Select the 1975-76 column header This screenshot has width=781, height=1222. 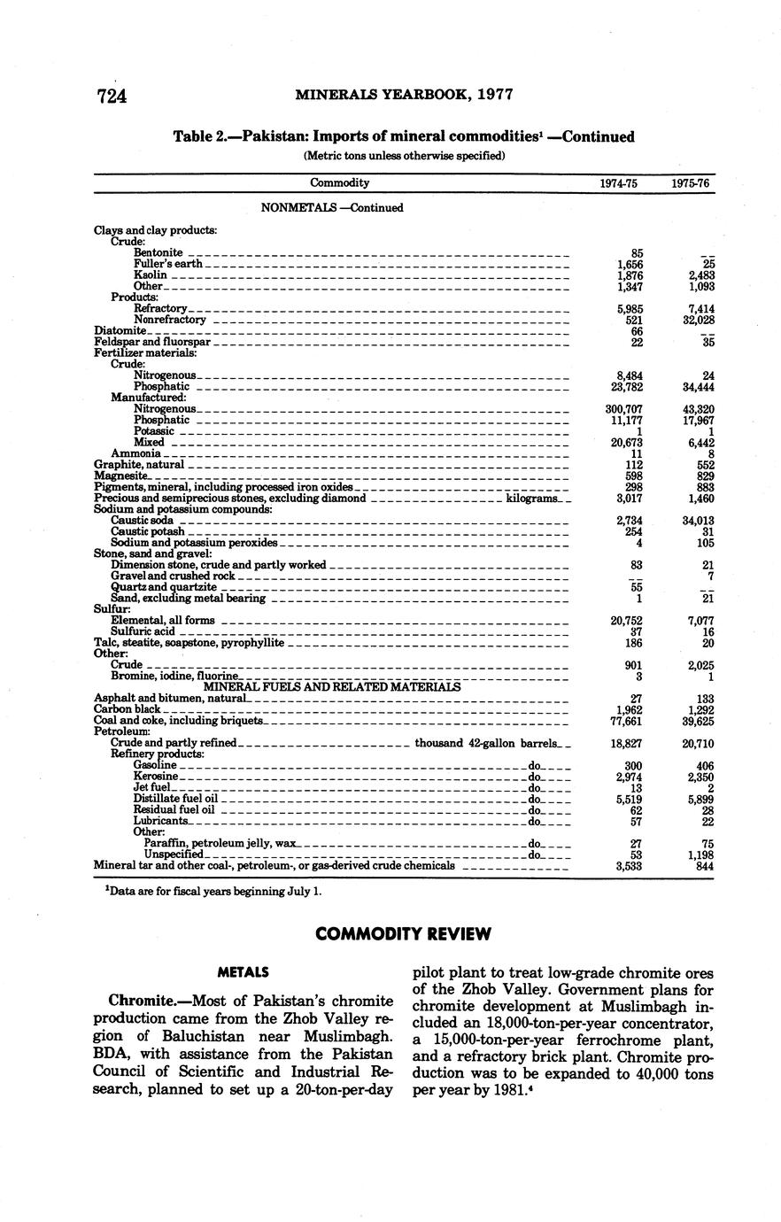(x=691, y=183)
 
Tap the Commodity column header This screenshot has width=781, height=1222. (x=339, y=183)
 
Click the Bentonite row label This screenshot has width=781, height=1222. (x=158, y=252)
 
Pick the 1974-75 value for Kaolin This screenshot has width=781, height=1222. (x=629, y=275)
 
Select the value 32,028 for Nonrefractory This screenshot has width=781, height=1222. (x=699, y=320)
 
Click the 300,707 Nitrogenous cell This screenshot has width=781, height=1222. (x=622, y=409)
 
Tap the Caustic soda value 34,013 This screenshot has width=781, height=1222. (x=698, y=521)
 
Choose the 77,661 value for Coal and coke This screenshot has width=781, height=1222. (x=625, y=721)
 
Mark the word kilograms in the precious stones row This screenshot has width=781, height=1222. (x=531, y=499)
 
